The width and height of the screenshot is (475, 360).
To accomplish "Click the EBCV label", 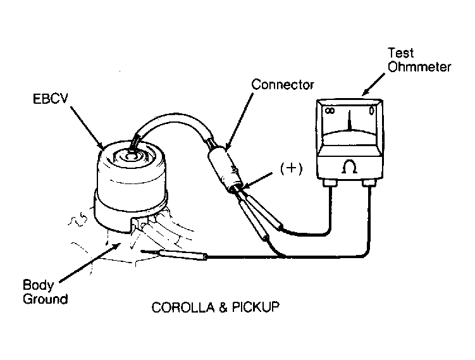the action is (x=51, y=99).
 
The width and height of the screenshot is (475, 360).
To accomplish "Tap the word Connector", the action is (x=283, y=85).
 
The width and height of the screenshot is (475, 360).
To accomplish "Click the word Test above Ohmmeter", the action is (x=400, y=53).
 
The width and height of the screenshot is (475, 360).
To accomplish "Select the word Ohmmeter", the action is (x=419, y=66).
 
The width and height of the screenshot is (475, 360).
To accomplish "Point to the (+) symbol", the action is (x=291, y=168).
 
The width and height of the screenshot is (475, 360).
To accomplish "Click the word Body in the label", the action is (x=38, y=285).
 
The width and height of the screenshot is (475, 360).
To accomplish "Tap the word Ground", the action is (x=45, y=299).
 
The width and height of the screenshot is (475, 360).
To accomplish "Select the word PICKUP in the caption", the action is (x=256, y=307).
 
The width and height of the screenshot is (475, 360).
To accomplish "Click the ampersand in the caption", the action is (x=223, y=307).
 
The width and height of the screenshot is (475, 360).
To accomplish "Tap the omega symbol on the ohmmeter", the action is (x=350, y=167).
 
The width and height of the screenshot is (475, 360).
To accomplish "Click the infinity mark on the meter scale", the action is (x=330, y=111).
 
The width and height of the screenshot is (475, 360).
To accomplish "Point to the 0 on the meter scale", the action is (x=371, y=111).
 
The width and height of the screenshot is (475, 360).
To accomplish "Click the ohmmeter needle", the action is (x=350, y=121).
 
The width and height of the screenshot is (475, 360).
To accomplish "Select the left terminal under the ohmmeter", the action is (x=330, y=183).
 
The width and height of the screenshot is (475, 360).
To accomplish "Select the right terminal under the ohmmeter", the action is (x=369, y=183).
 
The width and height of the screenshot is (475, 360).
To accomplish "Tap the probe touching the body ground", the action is (x=174, y=254).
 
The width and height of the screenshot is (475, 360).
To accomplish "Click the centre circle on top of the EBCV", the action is (x=131, y=157).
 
